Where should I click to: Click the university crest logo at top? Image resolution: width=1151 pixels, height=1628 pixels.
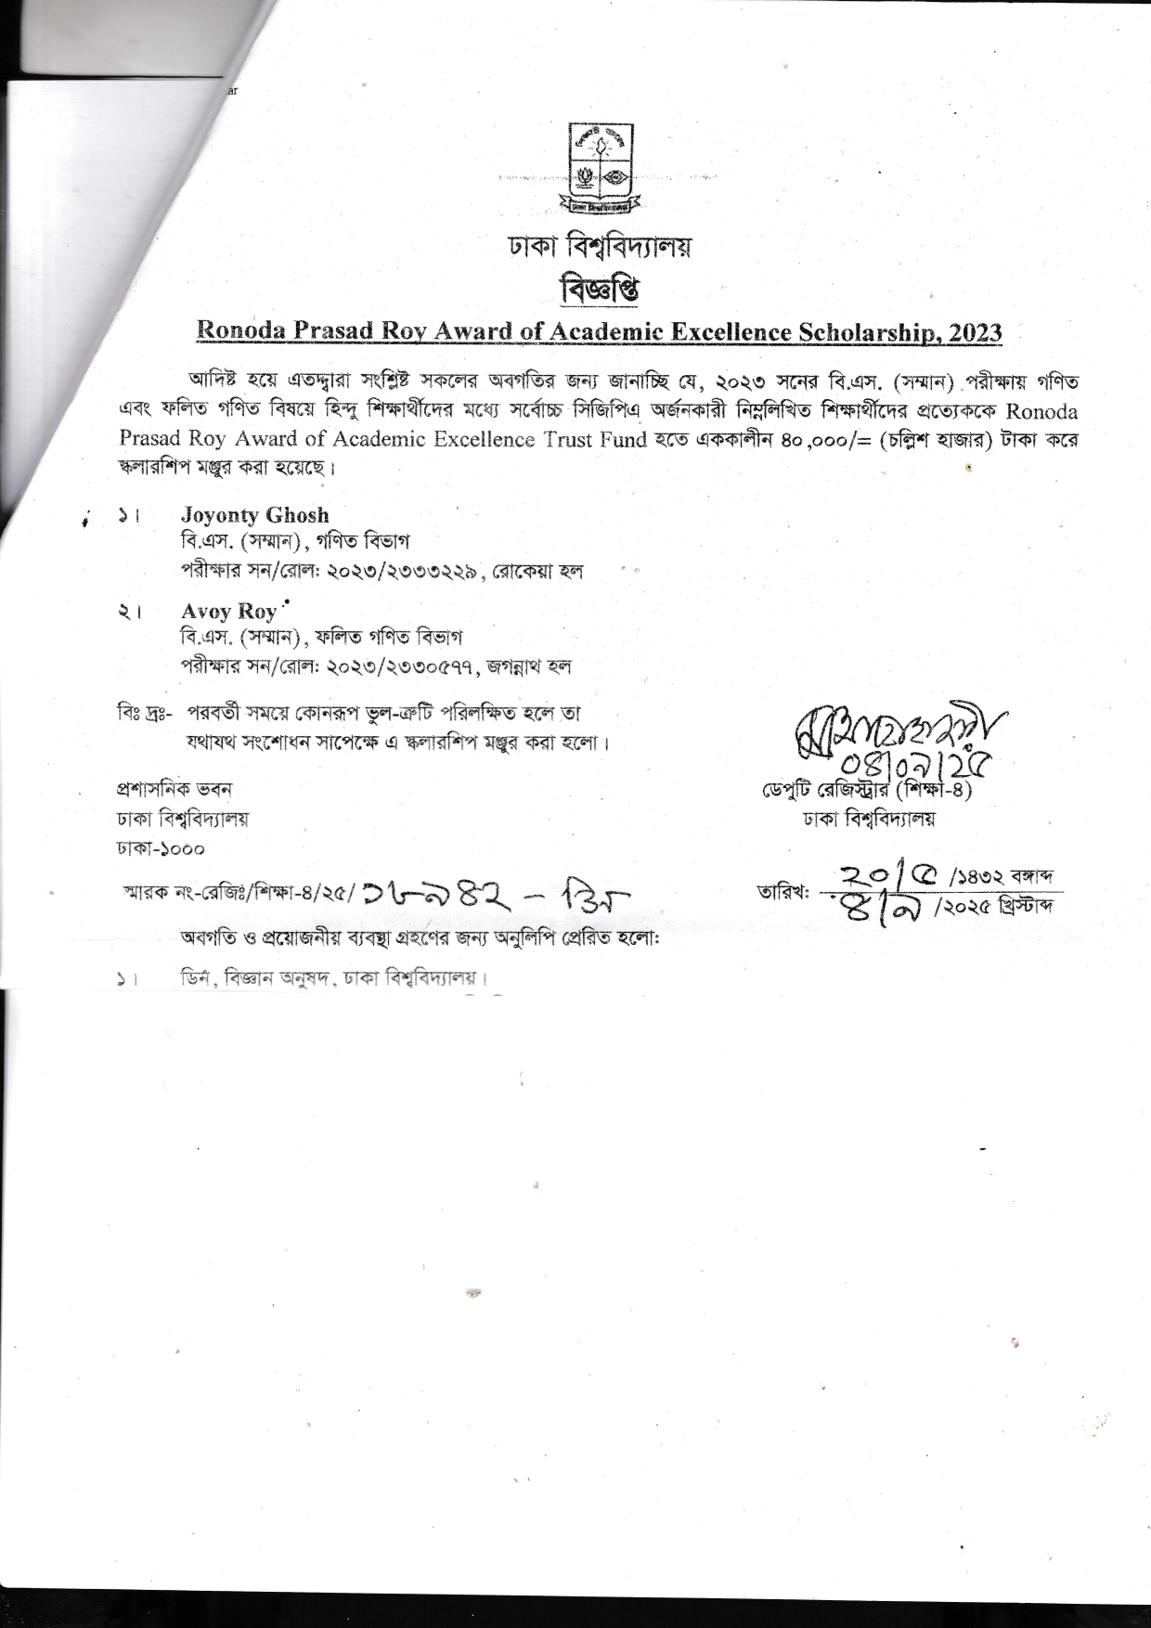600,167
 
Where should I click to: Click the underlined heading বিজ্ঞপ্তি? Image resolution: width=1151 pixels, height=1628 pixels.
600,291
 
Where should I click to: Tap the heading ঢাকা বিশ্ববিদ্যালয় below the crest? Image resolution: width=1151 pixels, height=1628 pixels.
600,248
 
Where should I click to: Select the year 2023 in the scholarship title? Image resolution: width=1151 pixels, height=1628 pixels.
976,331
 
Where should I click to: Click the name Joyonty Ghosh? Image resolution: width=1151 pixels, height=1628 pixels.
254,515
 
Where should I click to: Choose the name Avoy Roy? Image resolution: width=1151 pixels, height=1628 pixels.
228,611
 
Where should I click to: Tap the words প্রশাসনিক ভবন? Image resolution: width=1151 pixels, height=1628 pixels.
174,790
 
